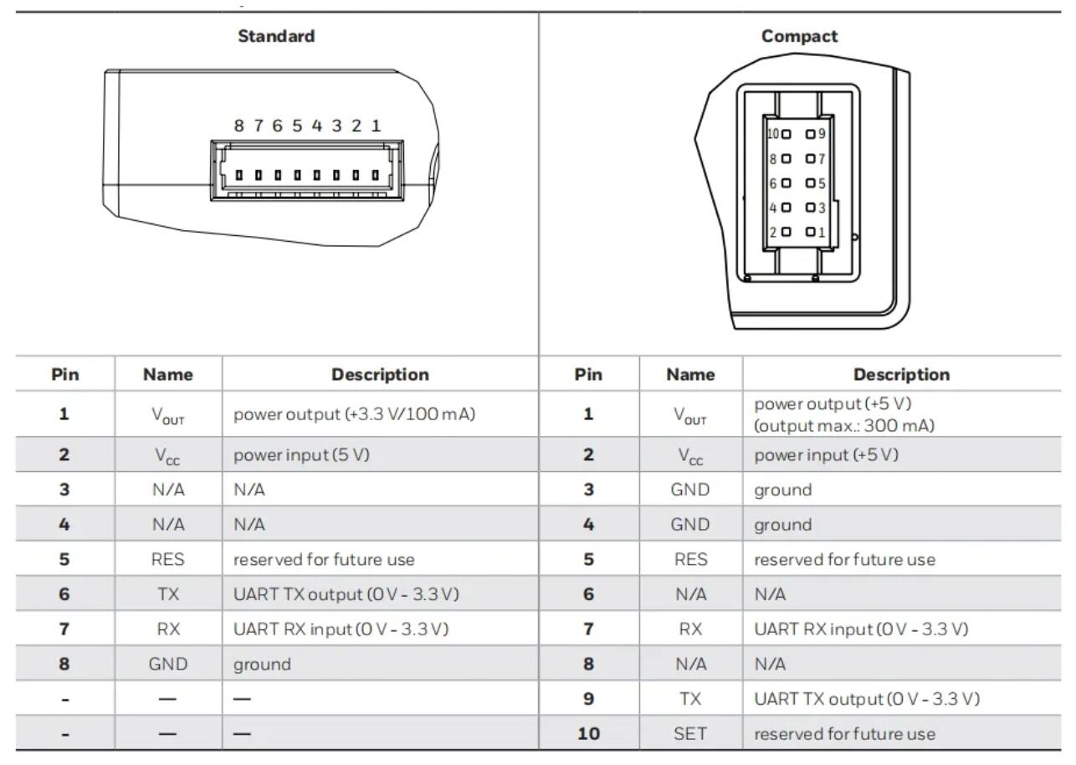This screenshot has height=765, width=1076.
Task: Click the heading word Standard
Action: coord(276,36)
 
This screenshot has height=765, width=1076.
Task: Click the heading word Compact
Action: coord(799,36)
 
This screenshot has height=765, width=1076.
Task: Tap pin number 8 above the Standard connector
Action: coord(238,126)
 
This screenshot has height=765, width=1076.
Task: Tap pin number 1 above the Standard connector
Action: coord(377,126)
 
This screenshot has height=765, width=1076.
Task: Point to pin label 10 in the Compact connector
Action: coord(772,134)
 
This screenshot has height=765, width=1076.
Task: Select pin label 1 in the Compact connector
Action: coord(822,232)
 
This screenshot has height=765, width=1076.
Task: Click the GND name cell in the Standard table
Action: coord(168,665)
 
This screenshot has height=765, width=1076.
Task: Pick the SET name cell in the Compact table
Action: coord(690,734)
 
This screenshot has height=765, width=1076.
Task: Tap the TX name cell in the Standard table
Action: coord(168,594)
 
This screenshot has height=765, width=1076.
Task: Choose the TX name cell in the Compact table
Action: coord(690,699)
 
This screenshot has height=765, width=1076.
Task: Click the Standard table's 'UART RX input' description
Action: coord(341,629)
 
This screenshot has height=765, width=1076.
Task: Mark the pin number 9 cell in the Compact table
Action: coord(588,699)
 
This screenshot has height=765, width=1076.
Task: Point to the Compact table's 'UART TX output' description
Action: coord(867,699)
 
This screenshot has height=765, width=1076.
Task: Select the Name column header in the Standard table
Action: coord(168,375)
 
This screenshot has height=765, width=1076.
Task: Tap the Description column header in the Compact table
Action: coord(901,375)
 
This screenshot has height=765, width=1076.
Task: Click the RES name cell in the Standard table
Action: coord(168,559)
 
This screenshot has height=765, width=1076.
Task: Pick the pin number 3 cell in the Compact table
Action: coord(588,490)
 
